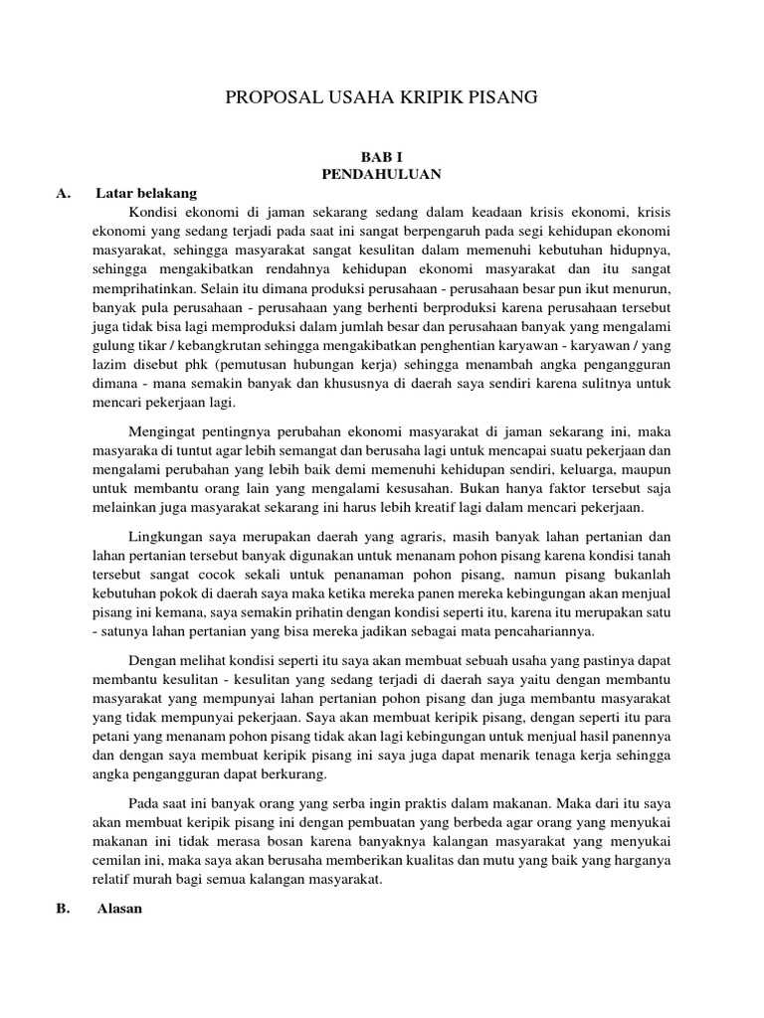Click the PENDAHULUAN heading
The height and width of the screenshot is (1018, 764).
(x=381, y=174)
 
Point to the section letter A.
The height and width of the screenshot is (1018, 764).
(x=64, y=193)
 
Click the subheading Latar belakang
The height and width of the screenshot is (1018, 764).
(x=147, y=193)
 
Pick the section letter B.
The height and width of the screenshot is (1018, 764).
(x=64, y=908)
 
